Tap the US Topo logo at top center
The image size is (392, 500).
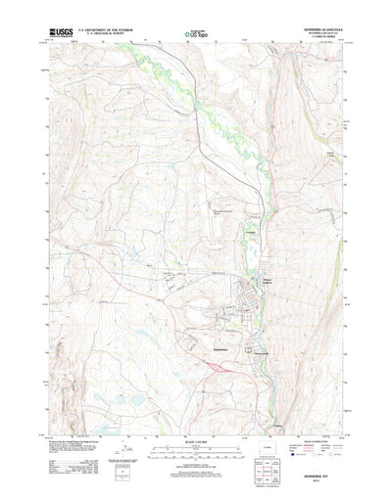[195, 35]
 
